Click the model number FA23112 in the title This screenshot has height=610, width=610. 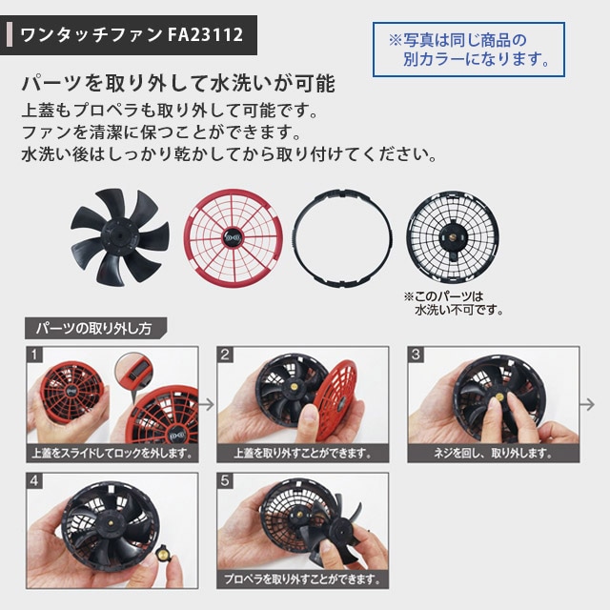pyautogui.click(x=206, y=34)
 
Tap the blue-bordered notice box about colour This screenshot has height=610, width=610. pyautogui.click(x=469, y=50)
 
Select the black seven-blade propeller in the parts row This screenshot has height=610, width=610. pyautogui.click(x=120, y=237)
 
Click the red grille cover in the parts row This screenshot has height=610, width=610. pyautogui.click(x=234, y=238)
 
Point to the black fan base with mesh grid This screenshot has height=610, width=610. pyautogui.click(x=453, y=236)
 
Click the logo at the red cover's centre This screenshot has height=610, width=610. pyautogui.click(x=233, y=237)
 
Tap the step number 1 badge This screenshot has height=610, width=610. pyautogui.click(x=34, y=355)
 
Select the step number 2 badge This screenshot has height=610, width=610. pyautogui.click(x=225, y=355)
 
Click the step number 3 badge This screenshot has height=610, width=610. pyautogui.click(x=416, y=355)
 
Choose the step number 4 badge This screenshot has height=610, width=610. pyautogui.click(x=34, y=480)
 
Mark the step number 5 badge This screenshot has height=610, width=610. pyautogui.click(x=225, y=480)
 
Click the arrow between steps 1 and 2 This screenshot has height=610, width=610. pyautogui.click(x=207, y=404)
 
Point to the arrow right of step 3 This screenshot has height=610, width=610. pyautogui.click(x=587, y=404)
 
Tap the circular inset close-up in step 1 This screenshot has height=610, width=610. pyautogui.click(x=133, y=371)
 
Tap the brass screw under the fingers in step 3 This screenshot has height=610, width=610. pyautogui.click(x=498, y=397)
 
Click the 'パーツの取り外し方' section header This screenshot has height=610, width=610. pyautogui.click(x=95, y=328)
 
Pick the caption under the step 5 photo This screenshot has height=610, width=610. pyautogui.click(x=302, y=579)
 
